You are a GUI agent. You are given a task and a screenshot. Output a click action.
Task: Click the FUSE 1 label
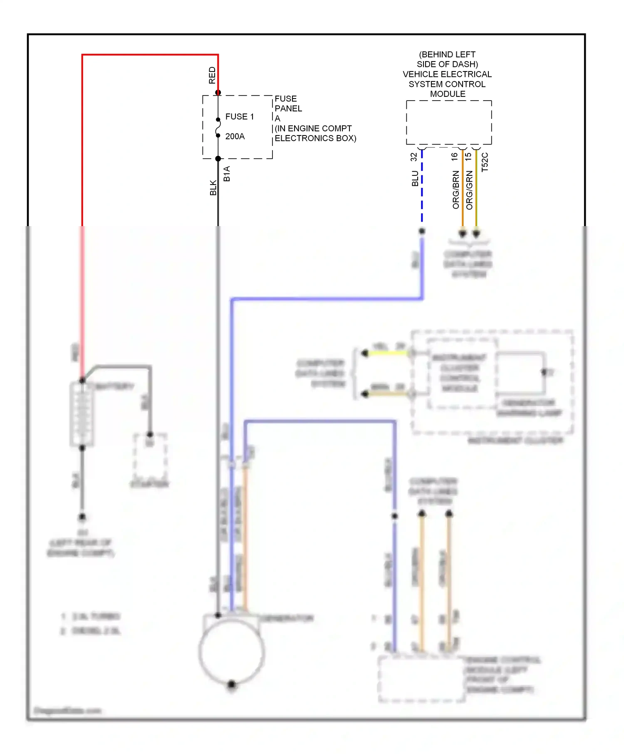pos(239,117)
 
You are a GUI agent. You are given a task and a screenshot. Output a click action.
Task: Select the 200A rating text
pos(235,136)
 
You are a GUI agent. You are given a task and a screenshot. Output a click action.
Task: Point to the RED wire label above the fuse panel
pos(212,75)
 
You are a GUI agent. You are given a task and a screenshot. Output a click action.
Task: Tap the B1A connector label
pos(227,174)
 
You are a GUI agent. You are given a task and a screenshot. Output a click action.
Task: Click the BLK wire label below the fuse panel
pos(213,187)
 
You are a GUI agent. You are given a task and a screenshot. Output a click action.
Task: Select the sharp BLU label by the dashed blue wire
pos(415,178)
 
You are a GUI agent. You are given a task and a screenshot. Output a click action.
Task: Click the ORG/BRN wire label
pos(456,190)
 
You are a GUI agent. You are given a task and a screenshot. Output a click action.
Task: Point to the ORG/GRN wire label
pos(469,190)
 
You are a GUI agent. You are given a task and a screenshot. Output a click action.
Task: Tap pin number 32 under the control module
pos(414,157)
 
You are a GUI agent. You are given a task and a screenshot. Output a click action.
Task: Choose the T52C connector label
pos(485,162)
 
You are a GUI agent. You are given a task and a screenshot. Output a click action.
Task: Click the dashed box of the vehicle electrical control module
pos(448,122)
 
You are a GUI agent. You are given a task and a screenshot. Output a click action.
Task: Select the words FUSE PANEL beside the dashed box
pos(288,103)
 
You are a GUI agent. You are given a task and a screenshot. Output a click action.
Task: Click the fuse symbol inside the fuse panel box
pos(218,128)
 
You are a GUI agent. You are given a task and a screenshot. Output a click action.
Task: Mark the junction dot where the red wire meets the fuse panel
pos(218,93)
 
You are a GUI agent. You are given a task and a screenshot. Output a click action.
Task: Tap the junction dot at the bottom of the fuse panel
pos(218,158)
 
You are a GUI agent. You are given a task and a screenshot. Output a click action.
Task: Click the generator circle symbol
pos(231,651)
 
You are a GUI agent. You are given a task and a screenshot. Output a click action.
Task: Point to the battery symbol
pos(82,414)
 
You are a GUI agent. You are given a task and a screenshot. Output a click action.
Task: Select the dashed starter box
pos(150,457)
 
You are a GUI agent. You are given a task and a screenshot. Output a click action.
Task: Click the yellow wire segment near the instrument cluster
pos(388,353)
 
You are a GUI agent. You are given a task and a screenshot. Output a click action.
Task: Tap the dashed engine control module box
pos(421,679)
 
